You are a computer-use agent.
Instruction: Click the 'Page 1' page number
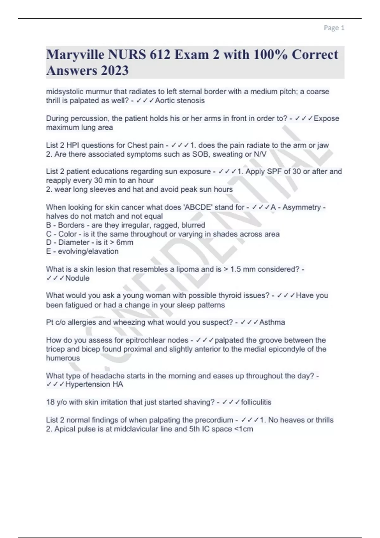point(334,28)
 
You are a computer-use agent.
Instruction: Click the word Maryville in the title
point(75,55)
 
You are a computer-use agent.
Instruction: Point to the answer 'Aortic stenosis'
point(180,101)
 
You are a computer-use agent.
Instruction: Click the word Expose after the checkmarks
point(326,118)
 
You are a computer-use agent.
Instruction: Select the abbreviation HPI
point(73,145)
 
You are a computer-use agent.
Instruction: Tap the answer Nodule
point(77,278)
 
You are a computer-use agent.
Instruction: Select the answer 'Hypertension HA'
point(94,385)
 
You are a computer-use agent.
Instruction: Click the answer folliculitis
point(256,402)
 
